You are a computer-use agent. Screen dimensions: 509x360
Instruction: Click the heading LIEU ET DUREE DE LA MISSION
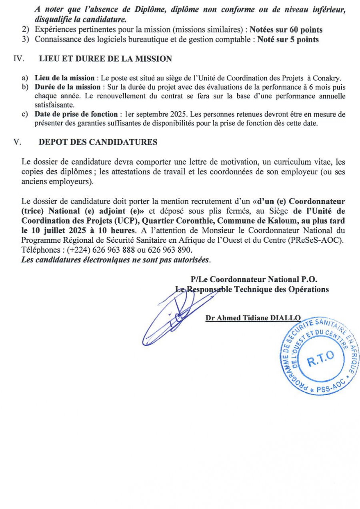click(x=105, y=59)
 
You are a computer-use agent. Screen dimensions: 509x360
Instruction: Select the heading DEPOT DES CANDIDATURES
click(x=98, y=142)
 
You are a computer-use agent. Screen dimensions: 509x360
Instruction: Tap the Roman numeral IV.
click(x=18, y=59)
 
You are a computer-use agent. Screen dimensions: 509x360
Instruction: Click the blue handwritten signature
click(x=176, y=316)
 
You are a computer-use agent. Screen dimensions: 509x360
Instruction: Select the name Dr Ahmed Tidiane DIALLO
click(x=253, y=318)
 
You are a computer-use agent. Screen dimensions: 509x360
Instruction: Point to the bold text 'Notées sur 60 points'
click(x=286, y=30)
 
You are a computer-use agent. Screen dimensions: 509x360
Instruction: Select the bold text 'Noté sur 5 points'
click(x=288, y=40)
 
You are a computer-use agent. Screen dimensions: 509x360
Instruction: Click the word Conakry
click(x=330, y=78)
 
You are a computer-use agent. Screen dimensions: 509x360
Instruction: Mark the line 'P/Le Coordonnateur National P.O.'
click(x=254, y=279)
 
